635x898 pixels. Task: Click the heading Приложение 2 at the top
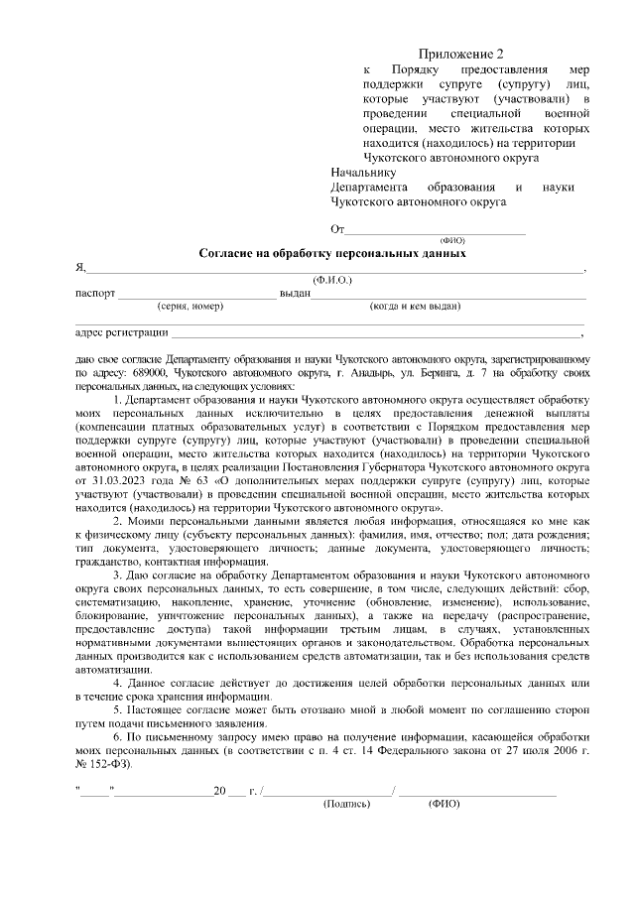click(461, 54)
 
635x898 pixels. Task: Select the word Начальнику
click(362, 173)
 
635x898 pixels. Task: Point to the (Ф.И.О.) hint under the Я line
click(332, 281)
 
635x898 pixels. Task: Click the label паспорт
click(96, 295)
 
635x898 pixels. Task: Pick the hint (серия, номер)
click(190, 307)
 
